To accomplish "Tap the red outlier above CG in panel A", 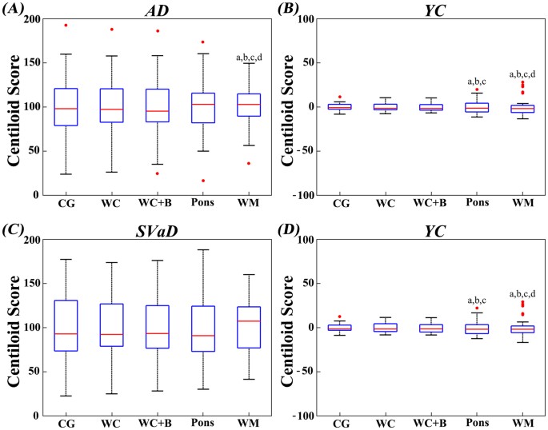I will [66, 25].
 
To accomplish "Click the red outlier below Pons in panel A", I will [202, 181].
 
